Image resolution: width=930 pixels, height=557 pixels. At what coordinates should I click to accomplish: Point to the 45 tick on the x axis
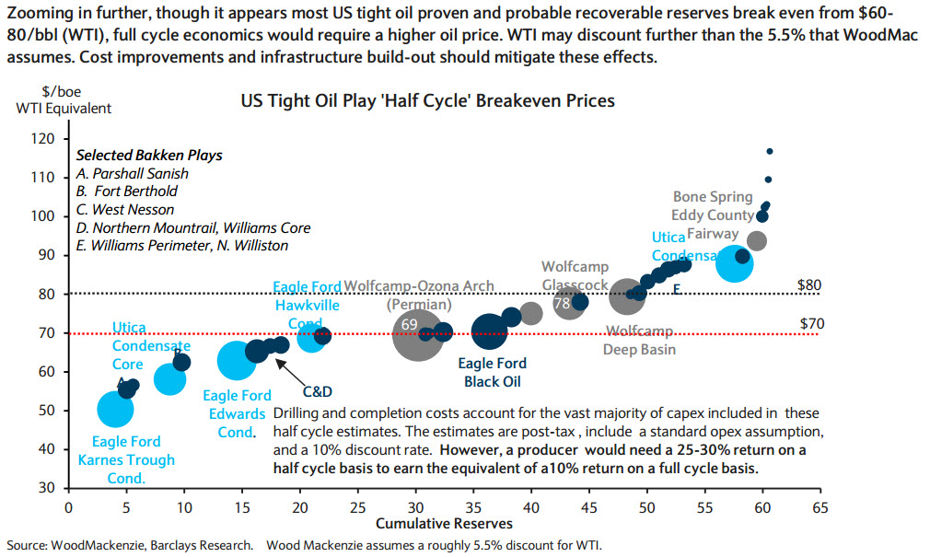tap(587, 506)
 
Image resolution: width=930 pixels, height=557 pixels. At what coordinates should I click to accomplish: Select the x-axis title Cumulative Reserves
tap(443, 523)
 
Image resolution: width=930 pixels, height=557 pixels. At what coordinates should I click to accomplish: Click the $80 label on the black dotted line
tap(808, 284)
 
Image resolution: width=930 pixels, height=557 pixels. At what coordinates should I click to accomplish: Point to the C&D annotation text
tap(318, 391)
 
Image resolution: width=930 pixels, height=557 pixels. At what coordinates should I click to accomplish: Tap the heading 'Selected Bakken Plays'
tap(149, 155)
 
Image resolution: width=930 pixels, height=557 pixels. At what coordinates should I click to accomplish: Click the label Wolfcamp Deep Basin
tap(638, 340)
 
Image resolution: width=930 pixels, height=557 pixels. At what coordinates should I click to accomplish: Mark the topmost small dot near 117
tap(770, 151)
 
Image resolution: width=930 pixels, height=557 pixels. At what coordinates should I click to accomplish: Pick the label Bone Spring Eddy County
tap(713, 206)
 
